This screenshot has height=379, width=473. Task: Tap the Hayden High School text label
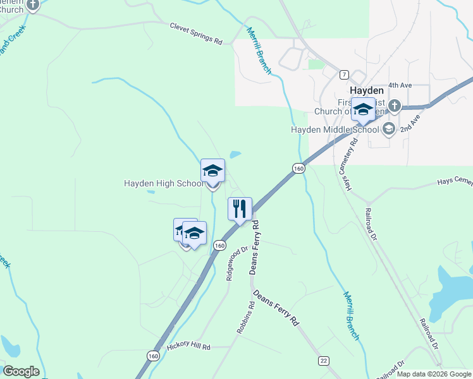tap(164, 184)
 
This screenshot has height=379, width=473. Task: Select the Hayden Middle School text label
tap(335, 129)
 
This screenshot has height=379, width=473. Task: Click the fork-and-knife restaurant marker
tap(240, 208)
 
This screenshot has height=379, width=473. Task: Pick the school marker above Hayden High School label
tap(212, 171)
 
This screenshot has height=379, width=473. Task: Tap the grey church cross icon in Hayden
tap(395, 105)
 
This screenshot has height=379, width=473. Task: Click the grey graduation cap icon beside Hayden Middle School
tap(388, 129)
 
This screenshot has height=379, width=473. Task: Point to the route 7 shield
tap(343, 74)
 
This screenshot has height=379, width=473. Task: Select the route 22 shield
tap(324, 360)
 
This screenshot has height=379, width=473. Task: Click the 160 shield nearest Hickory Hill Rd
tap(153, 356)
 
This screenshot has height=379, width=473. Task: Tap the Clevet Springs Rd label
tap(196, 33)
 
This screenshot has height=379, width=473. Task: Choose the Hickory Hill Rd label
tap(188, 347)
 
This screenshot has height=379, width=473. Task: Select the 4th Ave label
tap(400, 85)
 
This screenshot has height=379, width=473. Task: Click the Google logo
tap(21, 371)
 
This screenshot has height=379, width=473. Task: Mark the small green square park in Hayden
tap(315, 64)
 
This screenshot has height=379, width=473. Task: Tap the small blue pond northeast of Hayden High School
tap(235, 154)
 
